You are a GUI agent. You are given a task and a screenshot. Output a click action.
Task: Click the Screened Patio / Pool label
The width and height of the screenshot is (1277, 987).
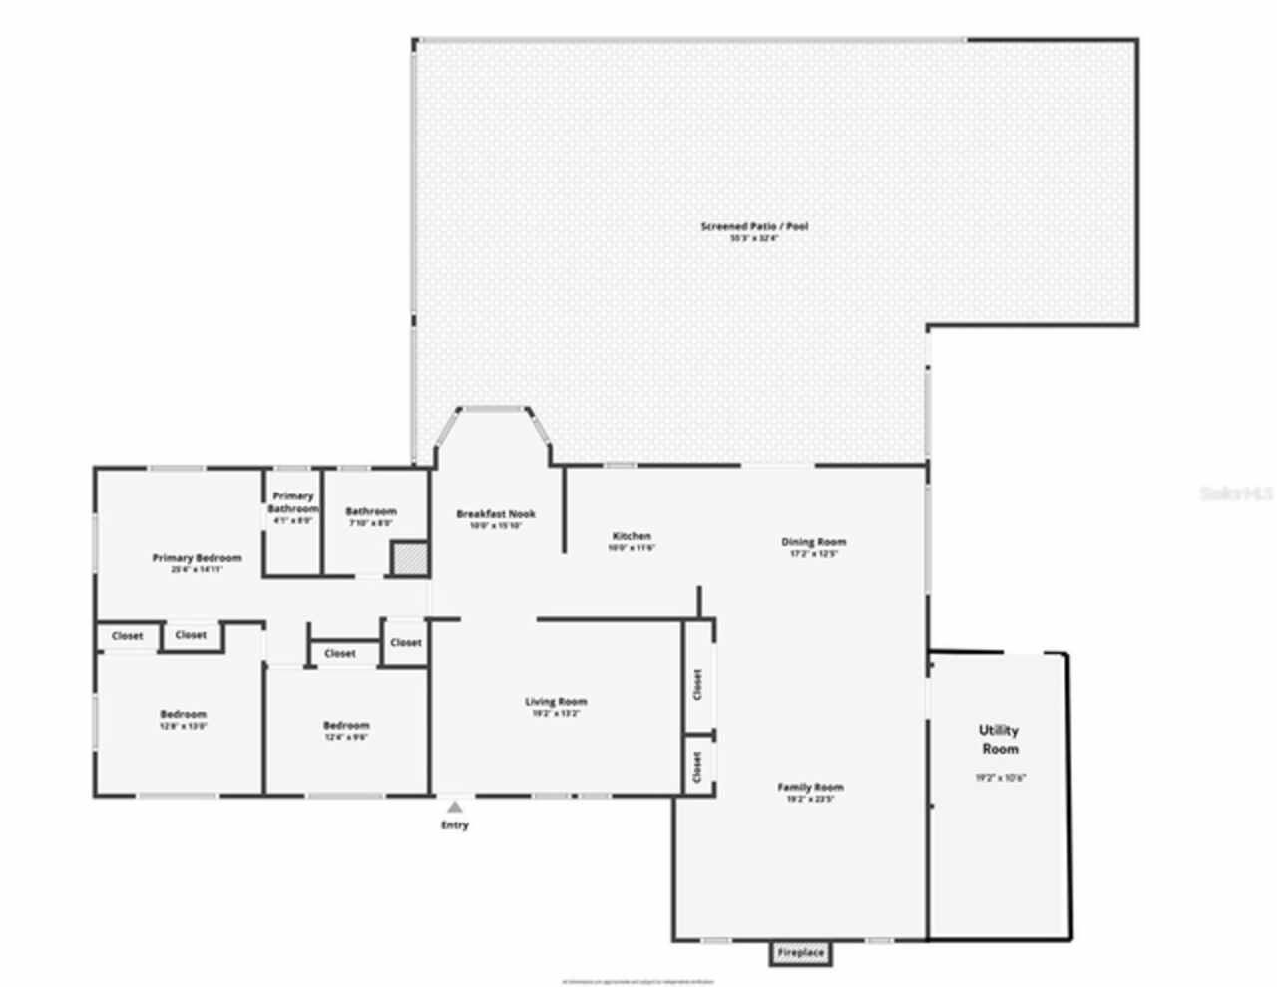pos(754,227)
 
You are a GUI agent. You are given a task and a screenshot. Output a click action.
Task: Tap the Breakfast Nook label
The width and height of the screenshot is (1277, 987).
pos(496,514)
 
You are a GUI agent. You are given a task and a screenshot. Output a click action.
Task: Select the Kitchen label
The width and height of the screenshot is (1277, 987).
pos(632,537)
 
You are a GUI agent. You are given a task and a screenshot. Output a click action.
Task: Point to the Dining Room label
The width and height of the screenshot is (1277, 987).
pos(813,543)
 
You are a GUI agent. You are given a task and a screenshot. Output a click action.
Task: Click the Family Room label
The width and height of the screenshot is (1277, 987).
pos(810,788)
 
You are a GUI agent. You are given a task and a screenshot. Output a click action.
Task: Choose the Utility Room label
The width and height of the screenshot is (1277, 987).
pos(999,740)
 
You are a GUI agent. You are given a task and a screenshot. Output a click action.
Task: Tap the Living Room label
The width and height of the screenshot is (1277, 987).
pos(556,702)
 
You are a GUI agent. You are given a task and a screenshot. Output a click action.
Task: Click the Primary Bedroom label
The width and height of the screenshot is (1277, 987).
pos(197,558)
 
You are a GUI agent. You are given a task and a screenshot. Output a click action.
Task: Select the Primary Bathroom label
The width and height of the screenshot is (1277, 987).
pos(292,502)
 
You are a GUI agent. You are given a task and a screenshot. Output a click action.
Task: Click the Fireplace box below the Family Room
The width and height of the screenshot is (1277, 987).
pos(801,953)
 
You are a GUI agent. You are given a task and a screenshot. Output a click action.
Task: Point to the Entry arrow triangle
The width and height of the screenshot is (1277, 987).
pos(455,808)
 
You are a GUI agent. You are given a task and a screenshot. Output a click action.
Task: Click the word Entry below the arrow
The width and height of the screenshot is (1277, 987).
pos(455,825)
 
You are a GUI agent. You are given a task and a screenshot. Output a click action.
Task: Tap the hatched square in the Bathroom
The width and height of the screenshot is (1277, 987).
pos(407,558)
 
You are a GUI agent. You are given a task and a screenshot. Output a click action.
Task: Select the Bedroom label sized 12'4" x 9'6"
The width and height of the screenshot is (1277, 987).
pos(346,726)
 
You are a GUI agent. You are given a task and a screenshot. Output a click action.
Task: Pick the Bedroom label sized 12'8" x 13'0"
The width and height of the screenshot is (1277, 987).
pos(184,715)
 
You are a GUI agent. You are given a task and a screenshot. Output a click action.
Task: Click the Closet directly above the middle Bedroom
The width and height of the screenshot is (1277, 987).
pos(340,654)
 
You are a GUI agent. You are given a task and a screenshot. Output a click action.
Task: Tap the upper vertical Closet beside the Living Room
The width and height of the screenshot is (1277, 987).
pos(697,684)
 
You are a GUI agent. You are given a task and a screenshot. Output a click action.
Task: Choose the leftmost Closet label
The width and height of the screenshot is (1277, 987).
pos(127,636)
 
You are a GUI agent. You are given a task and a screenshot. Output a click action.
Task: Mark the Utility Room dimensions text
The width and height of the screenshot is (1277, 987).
pos(1000,778)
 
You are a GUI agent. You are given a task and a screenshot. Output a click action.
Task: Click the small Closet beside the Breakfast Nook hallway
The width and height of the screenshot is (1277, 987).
pos(405,643)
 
